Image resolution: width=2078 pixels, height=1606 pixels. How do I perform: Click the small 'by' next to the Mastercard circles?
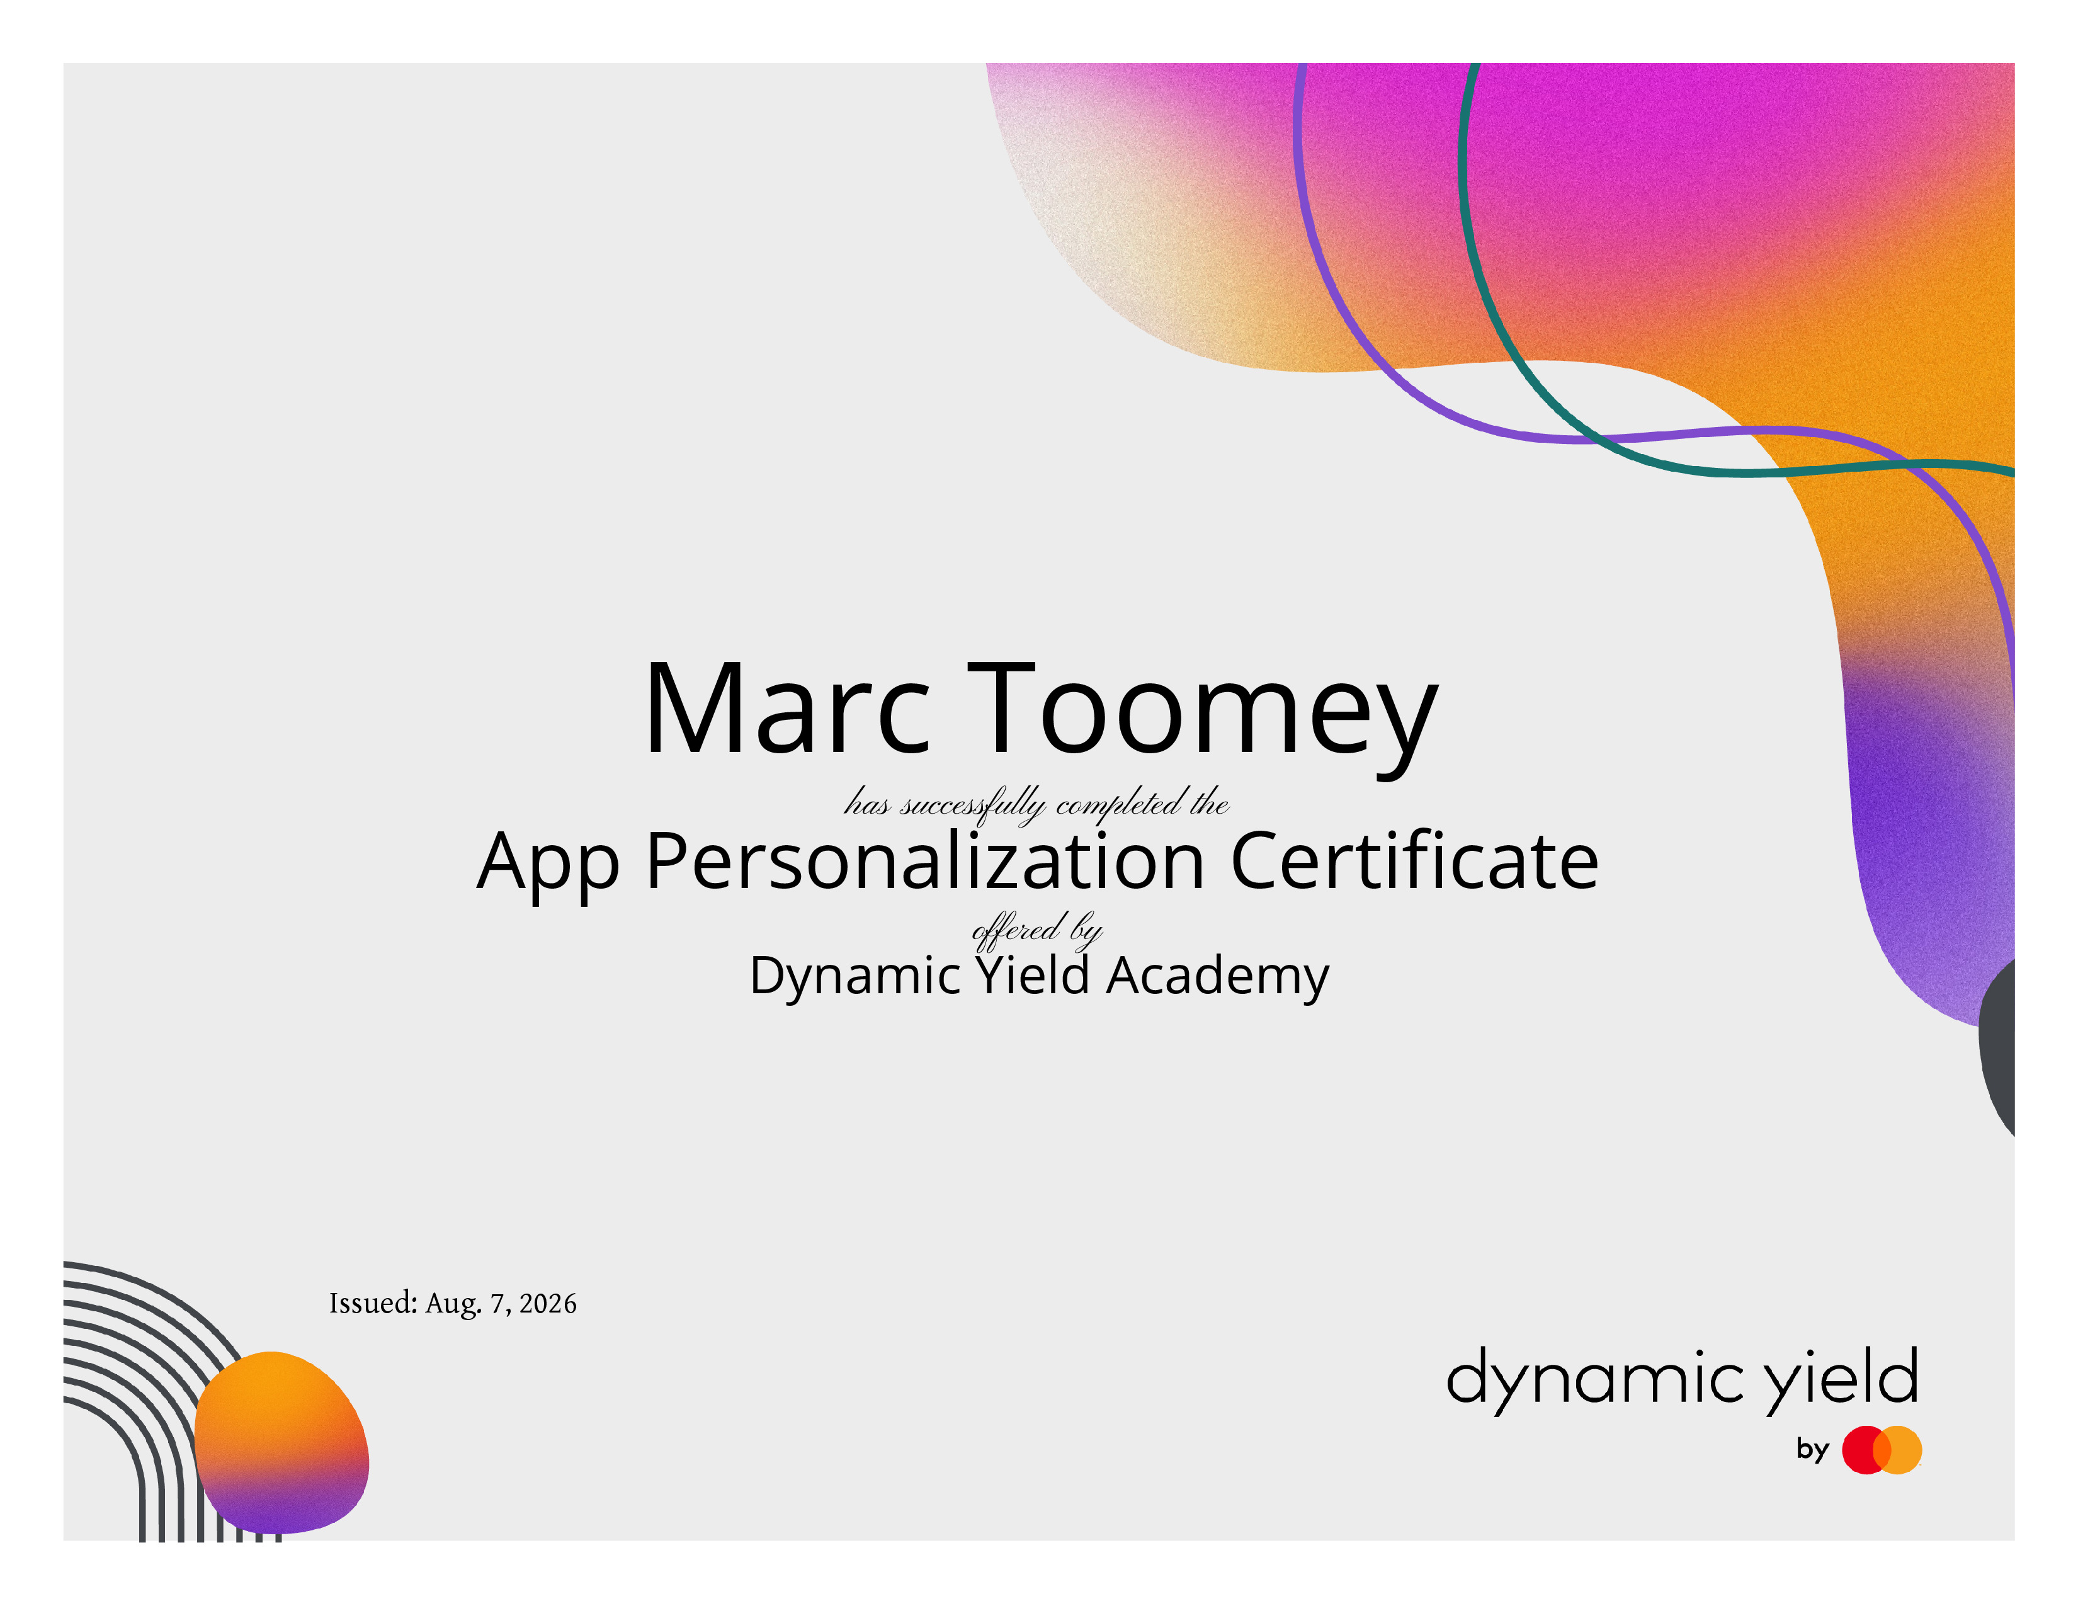1812,1450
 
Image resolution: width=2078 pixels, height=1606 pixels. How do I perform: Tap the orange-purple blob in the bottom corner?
281,1442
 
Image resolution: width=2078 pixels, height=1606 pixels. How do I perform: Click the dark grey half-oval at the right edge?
1998,1047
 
